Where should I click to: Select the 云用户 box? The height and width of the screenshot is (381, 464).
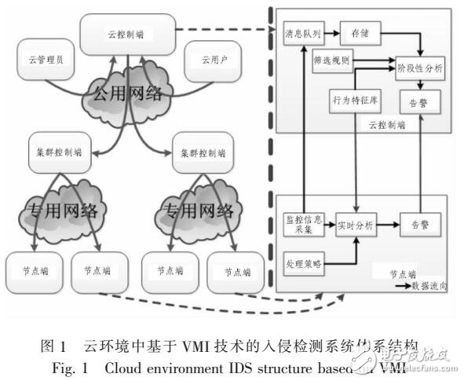[x=207, y=60]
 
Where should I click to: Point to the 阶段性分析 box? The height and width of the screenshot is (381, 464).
[x=421, y=68]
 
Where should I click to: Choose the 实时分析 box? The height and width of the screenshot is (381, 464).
[x=356, y=224]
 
